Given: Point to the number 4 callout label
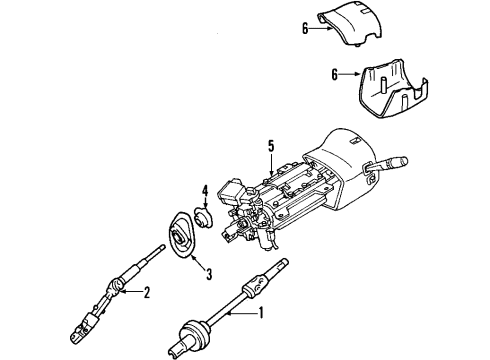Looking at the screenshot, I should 203,189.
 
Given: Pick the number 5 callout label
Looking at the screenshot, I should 269,147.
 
